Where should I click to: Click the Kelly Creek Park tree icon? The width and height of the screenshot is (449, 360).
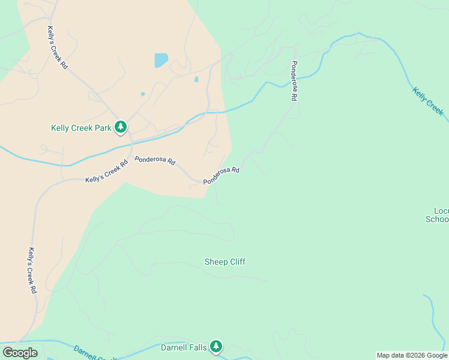pyautogui.click(x=121, y=127)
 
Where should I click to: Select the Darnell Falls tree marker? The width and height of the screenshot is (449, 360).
pyautogui.click(x=216, y=346)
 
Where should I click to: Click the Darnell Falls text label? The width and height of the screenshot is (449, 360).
pyautogui.click(x=184, y=347)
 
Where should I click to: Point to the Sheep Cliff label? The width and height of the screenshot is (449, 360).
pyautogui.click(x=225, y=262)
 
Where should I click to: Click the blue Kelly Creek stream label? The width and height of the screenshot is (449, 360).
pyautogui.click(x=428, y=101)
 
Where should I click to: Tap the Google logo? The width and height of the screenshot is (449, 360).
pyautogui.click(x=20, y=353)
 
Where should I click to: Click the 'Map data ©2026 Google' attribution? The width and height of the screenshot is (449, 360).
pyautogui.click(x=411, y=355)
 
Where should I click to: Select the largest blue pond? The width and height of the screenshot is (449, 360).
pyautogui.click(x=161, y=60)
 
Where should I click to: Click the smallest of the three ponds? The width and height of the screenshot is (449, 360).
pyautogui.click(x=142, y=94)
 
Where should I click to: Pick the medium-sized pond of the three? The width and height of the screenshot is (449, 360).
pyautogui.click(x=196, y=79)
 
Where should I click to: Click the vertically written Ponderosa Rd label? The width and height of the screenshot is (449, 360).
pyautogui.click(x=294, y=80)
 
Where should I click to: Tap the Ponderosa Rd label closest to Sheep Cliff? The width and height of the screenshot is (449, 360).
pyautogui.click(x=221, y=176)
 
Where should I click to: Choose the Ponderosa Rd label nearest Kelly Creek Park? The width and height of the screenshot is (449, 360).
pyautogui.click(x=155, y=161)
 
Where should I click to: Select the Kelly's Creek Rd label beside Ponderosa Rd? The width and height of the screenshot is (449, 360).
pyautogui.click(x=107, y=171)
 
